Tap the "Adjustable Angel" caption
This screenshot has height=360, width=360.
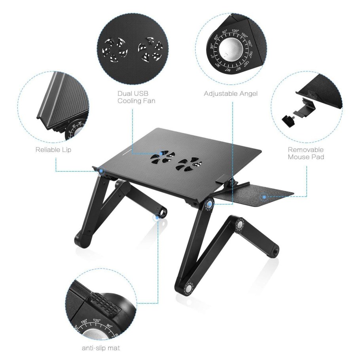pyautogui.click(x=231, y=94)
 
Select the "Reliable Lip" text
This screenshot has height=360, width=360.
pyautogui.click(x=53, y=150)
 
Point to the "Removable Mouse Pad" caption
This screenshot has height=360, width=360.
pyautogui.click(x=305, y=153)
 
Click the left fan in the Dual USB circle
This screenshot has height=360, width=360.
pyautogui.click(x=114, y=49)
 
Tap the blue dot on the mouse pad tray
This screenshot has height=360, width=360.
pyautogui.click(x=263, y=195)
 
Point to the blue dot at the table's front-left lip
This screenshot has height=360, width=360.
pyautogui.click(x=102, y=171)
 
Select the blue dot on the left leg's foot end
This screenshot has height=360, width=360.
pyautogui.click(x=159, y=216)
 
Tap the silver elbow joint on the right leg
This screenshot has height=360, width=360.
pyautogui.click(x=240, y=224)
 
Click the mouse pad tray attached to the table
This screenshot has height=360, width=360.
pyautogui.click(x=257, y=196)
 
